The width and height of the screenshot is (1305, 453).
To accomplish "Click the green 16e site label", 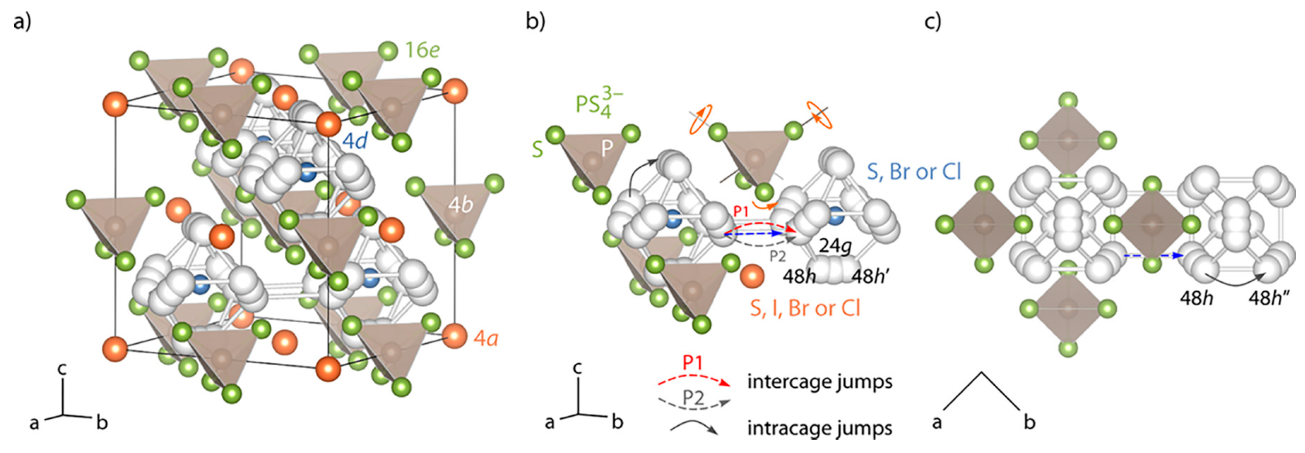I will click(x=421, y=50).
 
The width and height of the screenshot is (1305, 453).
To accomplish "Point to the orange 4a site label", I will click(x=485, y=338).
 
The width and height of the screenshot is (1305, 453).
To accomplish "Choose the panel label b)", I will click(x=536, y=22).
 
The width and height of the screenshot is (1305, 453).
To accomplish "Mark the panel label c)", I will click(x=932, y=22).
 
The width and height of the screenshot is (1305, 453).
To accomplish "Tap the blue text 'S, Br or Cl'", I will click(x=914, y=172).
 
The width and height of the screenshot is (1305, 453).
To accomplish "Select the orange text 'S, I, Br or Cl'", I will click(x=805, y=308).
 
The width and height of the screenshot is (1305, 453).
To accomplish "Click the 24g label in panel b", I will click(x=834, y=246).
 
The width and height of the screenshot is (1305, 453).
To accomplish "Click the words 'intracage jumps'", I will click(x=819, y=428).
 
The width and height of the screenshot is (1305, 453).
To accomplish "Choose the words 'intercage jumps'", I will click(x=819, y=382).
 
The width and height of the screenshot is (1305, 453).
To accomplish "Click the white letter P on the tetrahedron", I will click(x=607, y=148).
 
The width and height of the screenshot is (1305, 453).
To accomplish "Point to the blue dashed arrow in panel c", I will click(x=1153, y=256).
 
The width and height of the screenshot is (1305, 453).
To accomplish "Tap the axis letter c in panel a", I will click(x=62, y=369).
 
